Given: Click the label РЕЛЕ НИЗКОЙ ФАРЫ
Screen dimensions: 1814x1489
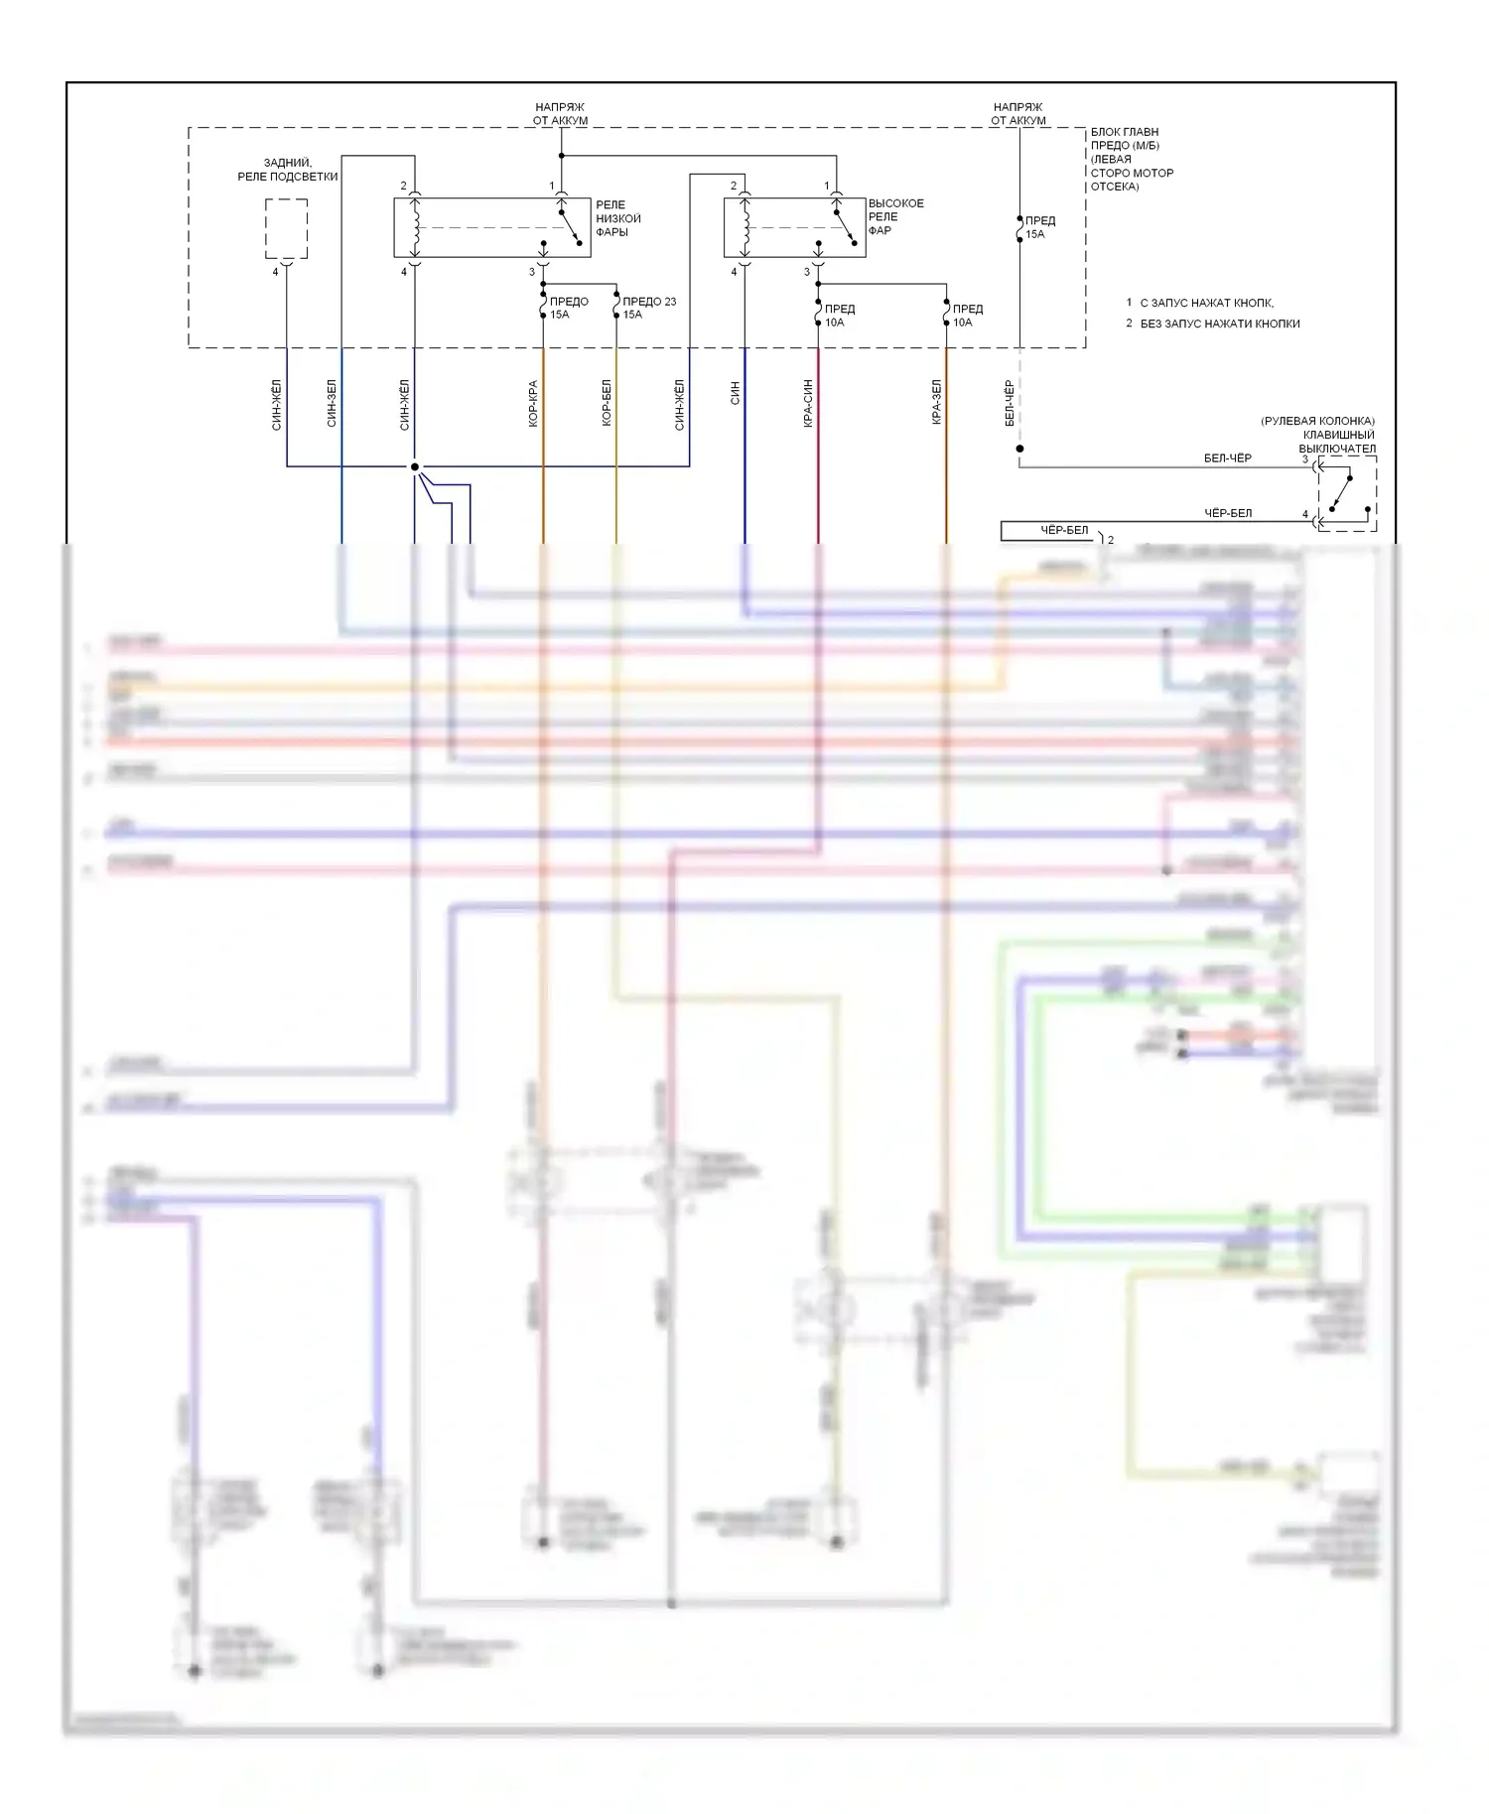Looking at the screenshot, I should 617,218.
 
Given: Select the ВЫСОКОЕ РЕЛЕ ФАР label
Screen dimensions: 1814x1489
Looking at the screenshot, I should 894,216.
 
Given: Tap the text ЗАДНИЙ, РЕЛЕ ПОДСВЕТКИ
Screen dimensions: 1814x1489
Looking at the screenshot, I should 287,170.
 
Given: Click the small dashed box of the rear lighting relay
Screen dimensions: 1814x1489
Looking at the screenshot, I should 286,228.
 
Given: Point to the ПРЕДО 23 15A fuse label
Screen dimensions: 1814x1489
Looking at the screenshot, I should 648,308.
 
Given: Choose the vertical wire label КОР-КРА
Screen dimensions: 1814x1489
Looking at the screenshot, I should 533,404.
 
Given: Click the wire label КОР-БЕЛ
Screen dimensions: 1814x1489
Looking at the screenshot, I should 607,404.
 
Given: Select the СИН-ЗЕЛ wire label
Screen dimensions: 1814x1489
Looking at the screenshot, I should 332,404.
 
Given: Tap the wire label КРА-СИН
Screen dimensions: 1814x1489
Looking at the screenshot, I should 808,404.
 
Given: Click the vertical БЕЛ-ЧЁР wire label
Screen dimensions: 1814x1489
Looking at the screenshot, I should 1010,404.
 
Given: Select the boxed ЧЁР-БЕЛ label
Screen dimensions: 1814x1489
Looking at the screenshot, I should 1063,531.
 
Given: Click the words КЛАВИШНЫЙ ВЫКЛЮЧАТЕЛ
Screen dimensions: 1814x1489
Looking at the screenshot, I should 1337,442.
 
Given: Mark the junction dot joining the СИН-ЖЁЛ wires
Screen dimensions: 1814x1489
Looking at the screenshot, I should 415,466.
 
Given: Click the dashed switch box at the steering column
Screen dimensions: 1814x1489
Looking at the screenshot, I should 1346,494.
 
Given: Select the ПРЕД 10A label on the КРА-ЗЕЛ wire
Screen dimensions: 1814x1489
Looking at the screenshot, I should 967,316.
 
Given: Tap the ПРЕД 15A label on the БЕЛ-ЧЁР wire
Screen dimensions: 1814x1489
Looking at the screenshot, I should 1039,227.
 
